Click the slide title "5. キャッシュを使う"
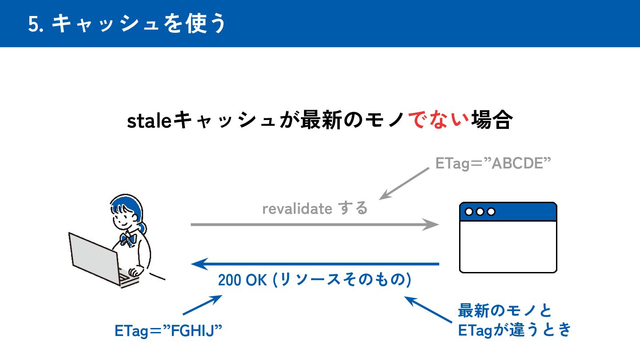(127, 24)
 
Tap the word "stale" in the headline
(149, 121)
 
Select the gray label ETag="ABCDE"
(493, 164)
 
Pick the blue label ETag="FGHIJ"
(168, 331)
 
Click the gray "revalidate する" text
(315, 208)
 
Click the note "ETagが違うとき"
(514, 330)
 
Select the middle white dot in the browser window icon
(480, 212)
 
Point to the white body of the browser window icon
(508, 246)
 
